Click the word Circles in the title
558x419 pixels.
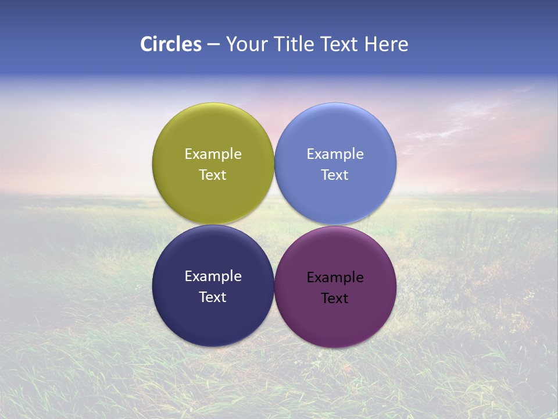171,44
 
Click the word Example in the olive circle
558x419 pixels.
213,154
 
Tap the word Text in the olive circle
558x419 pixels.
213,175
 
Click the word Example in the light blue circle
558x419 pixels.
335,154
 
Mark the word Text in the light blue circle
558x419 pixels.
335,175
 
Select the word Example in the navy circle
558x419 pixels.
213,276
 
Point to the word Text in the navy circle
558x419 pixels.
213,297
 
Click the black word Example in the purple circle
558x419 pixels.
335,278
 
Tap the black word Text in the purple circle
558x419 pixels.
335,299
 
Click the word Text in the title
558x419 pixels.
341,44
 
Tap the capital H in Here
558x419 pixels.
371,44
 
